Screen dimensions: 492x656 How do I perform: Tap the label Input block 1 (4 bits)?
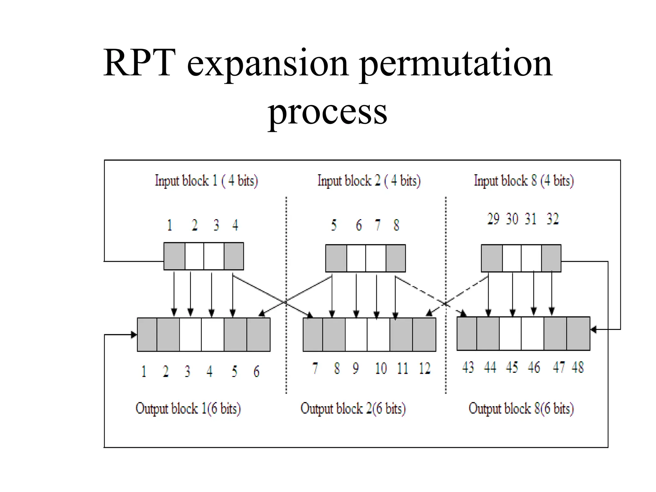click(x=206, y=181)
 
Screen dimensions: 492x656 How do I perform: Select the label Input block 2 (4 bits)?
click(x=369, y=181)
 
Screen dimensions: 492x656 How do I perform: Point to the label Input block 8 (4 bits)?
click(x=524, y=181)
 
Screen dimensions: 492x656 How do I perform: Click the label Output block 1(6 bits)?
click(x=188, y=408)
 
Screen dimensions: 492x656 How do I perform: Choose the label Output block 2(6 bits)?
click(x=353, y=408)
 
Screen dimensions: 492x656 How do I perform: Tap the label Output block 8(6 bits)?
click(x=521, y=408)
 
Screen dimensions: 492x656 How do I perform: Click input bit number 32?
click(x=553, y=219)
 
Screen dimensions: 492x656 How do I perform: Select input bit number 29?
click(x=493, y=219)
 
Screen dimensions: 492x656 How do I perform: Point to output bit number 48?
click(x=578, y=367)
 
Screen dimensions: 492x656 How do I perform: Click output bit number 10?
click(x=381, y=368)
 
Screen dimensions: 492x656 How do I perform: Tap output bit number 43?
click(x=468, y=367)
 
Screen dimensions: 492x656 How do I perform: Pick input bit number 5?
click(x=334, y=225)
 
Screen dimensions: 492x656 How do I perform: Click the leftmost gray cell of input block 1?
click(x=174, y=256)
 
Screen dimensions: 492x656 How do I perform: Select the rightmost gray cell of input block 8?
click(x=551, y=258)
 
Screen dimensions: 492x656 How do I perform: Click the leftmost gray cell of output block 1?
click(x=147, y=334)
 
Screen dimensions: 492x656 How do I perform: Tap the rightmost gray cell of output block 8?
click(x=578, y=333)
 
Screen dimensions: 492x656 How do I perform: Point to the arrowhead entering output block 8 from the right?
click(x=593, y=329)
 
